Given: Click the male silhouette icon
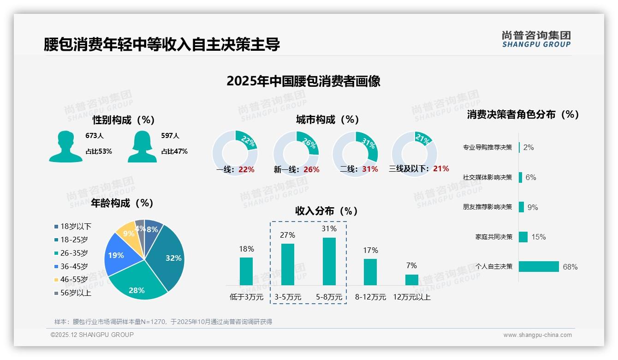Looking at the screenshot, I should click(x=65, y=146).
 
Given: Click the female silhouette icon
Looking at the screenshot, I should click(x=142, y=146).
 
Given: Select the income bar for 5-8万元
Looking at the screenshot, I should click(x=329, y=261).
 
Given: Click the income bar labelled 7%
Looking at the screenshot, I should click(x=411, y=280).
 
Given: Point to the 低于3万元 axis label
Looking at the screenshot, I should click(x=246, y=297).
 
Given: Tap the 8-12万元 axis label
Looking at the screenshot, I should click(x=370, y=297).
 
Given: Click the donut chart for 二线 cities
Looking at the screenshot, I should click(x=355, y=153).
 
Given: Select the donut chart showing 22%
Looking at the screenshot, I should click(x=235, y=153).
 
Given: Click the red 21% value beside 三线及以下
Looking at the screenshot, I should click(x=441, y=169).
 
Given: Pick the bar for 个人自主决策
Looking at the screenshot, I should click(x=539, y=266).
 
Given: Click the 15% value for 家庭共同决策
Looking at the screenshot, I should click(x=538, y=237).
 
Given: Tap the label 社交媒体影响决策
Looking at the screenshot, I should click(x=487, y=177).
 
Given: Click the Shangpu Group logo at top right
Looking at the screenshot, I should click(x=536, y=39).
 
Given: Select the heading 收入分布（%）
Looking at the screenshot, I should click(x=327, y=211).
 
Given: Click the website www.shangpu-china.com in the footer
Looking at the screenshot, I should click(x=537, y=335).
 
